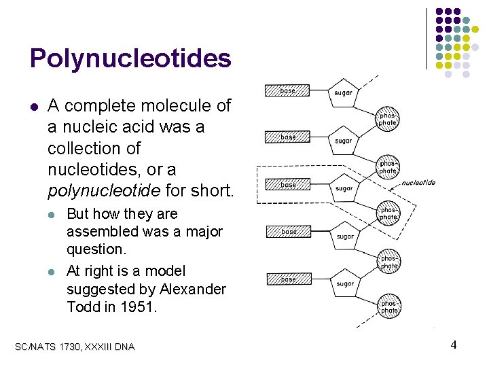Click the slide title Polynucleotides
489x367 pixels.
point(130,58)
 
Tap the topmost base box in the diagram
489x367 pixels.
point(287,90)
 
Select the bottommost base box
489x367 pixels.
point(287,279)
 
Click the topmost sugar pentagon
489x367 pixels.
point(343,94)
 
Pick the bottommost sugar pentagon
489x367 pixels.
point(344,283)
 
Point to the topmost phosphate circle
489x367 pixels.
point(388,120)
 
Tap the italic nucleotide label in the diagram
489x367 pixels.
point(418,183)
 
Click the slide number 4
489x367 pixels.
point(453,345)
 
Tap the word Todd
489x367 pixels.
point(83,307)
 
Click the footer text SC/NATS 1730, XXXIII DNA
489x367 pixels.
point(75,347)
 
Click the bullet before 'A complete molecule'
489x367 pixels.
point(33,106)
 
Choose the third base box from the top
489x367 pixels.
point(287,185)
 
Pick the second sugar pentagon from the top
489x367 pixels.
point(343,141)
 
